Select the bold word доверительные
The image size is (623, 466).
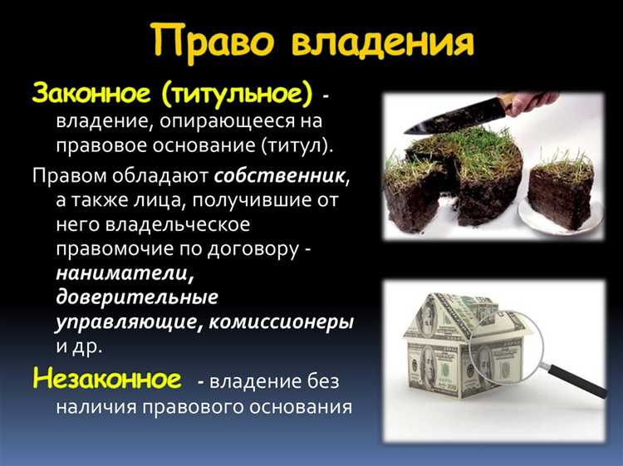[137, 297]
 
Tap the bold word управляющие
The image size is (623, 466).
[123, 321]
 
